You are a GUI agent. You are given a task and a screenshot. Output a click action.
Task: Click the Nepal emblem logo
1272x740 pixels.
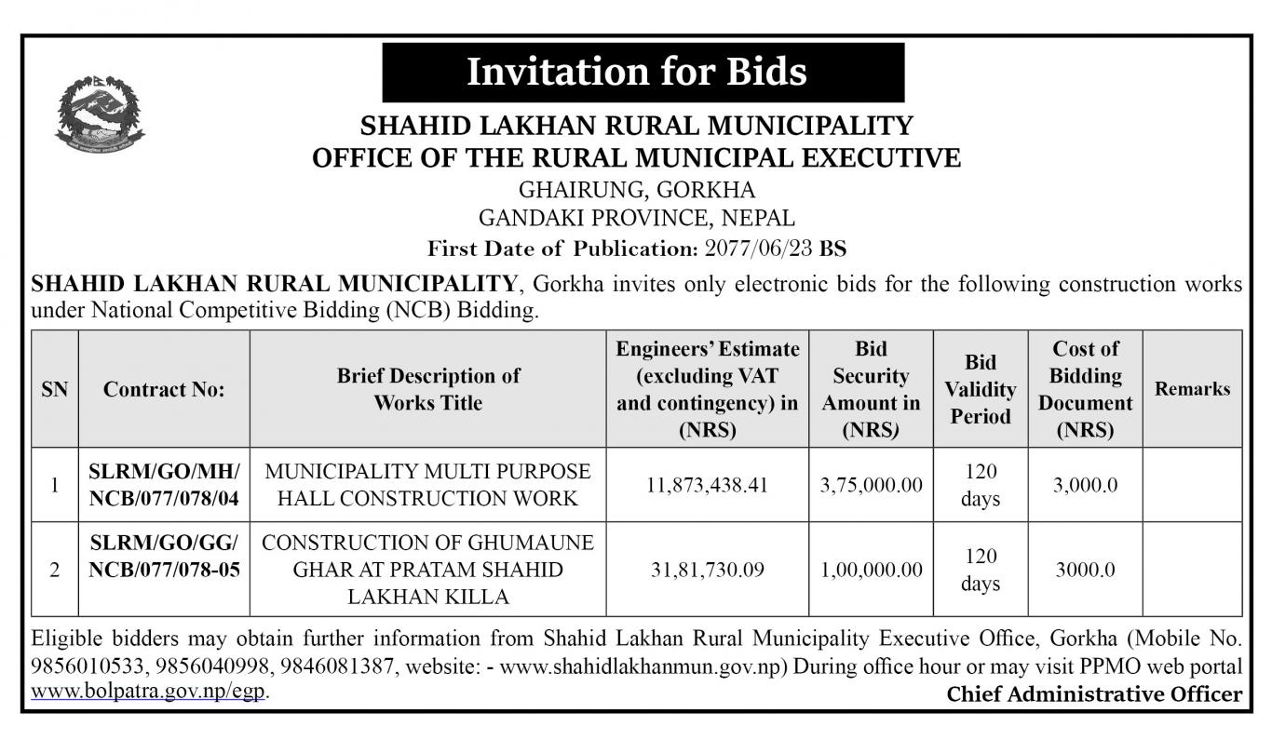click(101, 114)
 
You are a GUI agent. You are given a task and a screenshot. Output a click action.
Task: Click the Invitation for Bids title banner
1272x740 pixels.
click(643, 72)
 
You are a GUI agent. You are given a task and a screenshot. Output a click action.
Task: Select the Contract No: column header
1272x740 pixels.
click(164, 389)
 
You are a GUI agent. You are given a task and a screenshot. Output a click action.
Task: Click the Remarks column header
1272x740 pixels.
click(1192, 389)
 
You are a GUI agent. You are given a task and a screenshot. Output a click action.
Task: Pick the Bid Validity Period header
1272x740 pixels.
click(981, 389)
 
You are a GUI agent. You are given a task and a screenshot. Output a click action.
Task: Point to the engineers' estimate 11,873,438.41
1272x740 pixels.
click(708, 485)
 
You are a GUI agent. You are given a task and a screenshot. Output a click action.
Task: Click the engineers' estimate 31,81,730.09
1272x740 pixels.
click(708, 570)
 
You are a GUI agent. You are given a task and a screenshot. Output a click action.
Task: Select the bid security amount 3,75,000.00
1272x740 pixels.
click(872, 485)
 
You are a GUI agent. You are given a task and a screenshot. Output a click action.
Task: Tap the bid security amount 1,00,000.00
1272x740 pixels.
click(872, 570)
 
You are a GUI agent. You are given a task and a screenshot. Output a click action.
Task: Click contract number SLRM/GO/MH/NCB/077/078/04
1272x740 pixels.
click(164, 485)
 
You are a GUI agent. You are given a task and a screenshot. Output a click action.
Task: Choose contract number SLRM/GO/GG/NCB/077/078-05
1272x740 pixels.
click(164, 556)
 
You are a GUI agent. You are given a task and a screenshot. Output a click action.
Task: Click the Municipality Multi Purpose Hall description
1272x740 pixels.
click(428, 485)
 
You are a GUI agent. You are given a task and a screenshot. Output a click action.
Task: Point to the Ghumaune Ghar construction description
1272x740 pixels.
click(428, 570)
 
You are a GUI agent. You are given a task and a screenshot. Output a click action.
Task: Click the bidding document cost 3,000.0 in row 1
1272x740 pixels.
click(1085, 485)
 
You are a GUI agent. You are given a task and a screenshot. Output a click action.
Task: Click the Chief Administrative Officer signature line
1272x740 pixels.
click(1094, 693)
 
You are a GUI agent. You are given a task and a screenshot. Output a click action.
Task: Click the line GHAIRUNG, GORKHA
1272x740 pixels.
click(637, 190)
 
